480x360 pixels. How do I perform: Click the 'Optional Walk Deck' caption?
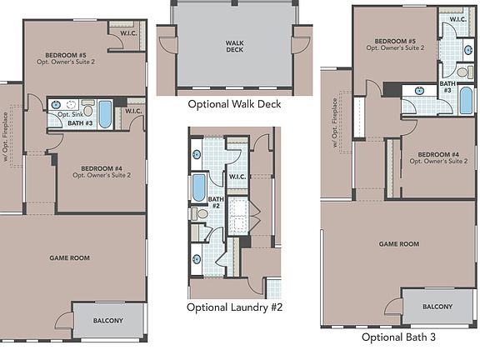point(234,104)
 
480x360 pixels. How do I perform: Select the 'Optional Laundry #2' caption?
point(235,307)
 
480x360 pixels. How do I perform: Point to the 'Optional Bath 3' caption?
point(398,337)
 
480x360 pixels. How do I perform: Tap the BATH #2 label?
point(216,202)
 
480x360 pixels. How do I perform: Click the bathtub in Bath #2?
point(199,187)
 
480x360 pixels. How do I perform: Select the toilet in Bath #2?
point(200,213)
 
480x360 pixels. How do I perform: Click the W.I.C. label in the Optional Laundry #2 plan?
point(236,177)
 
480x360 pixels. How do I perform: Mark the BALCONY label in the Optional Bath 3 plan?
point(437,307)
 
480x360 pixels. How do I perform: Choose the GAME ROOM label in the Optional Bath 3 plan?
point(398,244)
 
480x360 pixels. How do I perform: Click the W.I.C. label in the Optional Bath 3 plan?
point(457,18)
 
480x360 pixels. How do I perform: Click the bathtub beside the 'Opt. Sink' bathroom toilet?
point(106,112)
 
